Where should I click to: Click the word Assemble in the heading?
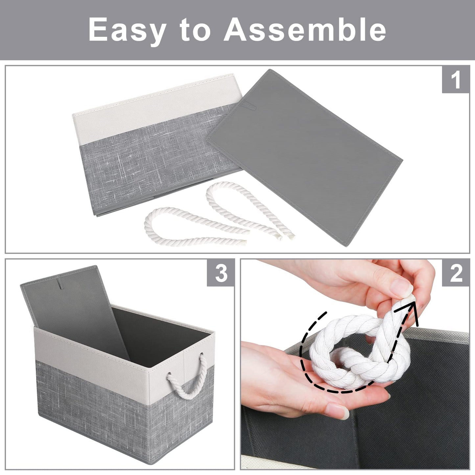point(305,30)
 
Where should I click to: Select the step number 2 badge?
point(455,273)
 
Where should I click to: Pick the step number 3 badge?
point(221,273)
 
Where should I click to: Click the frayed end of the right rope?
point(289,234)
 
